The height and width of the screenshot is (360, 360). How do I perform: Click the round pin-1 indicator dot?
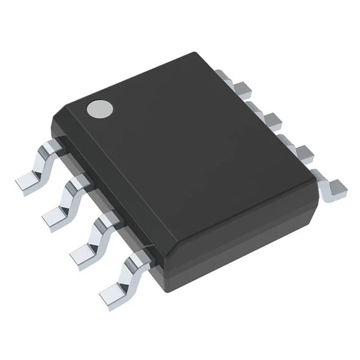point(100,109)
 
